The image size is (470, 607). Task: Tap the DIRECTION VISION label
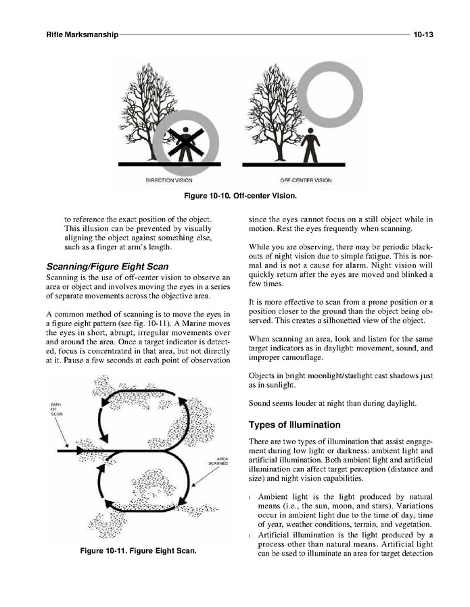(x=169, y=180)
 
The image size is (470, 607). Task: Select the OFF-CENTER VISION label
(x=305, y=180)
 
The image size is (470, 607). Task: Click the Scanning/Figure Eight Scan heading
(x=106, y=266)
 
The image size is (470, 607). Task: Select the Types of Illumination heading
(x=293, y=425)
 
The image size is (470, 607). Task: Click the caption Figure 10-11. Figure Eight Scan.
(x=138, y=551)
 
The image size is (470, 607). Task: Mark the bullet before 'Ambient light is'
(x=252, y=498)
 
